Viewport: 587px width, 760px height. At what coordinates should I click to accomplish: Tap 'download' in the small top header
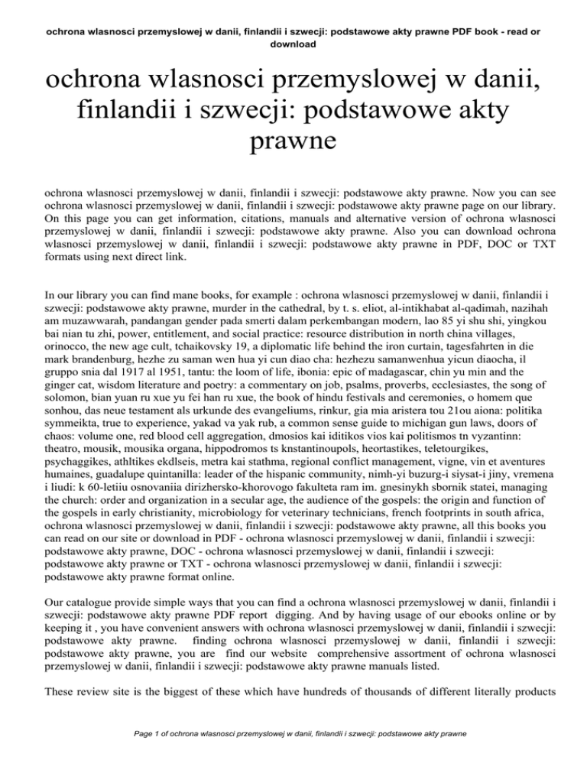pos(293,44)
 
